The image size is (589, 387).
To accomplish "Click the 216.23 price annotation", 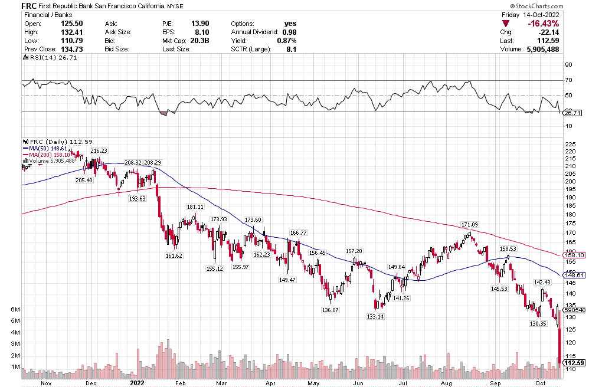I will pos(99,151).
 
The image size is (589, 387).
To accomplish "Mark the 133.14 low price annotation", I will pos(375,317).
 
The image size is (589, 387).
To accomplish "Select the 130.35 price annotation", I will pos(538,323).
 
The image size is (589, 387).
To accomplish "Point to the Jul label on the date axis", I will pos(402,382).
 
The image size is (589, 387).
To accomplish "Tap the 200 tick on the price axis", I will pos(571,181).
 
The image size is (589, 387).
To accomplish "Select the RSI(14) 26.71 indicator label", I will pos(48,58).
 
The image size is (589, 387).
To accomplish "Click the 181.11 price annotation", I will pos(195,207).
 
